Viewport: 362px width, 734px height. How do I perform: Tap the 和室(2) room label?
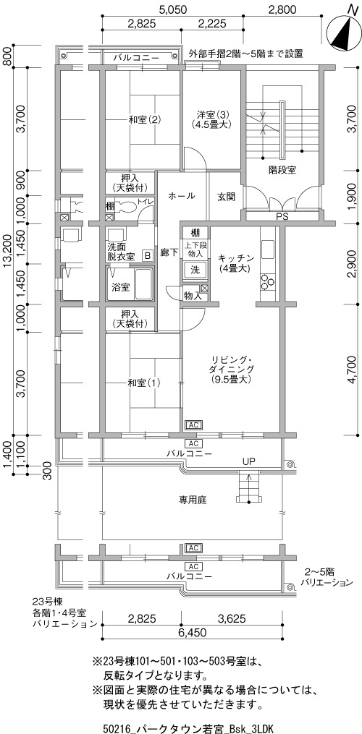pos(144,119)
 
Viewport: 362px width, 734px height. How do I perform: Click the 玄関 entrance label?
pos(226,196)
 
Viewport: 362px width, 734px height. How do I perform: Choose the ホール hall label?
pos(180,196)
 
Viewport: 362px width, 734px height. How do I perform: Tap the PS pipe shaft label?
pos(282,217)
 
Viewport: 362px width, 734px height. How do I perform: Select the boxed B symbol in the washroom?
pos(148,255)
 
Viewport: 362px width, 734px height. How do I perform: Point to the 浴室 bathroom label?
pos(120,287)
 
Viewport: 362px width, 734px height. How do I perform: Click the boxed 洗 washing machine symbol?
pos(194,270)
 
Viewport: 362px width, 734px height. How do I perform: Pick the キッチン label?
pos(236,258)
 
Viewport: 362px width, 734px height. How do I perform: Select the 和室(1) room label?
pos(144,383)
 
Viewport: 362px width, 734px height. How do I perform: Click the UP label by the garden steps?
pos(248,461)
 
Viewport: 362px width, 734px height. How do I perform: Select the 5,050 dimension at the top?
pos(173,9)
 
